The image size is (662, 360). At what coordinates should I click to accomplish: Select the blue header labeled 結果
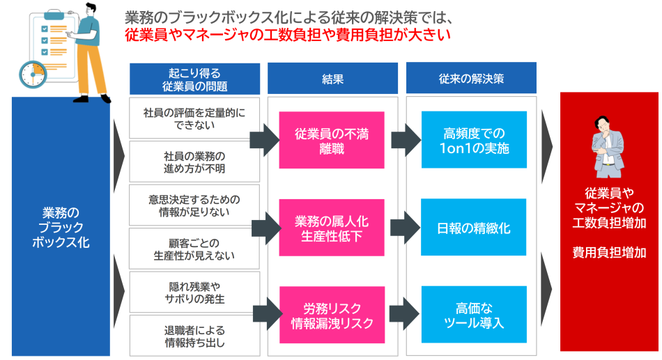point(332,79)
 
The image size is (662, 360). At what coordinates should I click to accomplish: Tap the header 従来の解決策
point(471,79)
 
